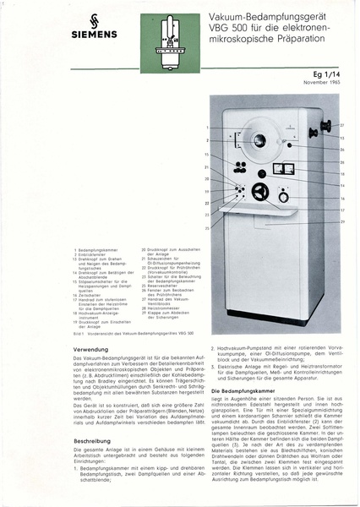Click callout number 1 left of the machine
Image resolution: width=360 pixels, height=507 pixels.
(x=206, y=128)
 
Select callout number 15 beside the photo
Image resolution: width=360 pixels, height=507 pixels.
(x=206, y=155)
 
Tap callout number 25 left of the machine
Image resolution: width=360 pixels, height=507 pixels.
(x=206, y=227)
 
